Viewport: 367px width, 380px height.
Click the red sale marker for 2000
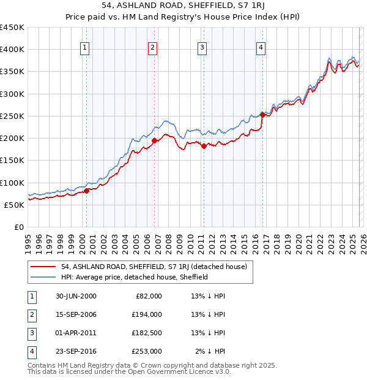pyautogui.click(x=87, y=191)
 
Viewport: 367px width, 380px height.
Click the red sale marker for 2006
pyautogui.click(x=154, y=141)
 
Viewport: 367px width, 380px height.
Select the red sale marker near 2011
pyautogui.click(x=204, y=146)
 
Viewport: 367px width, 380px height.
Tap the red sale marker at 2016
pyautogui.click(x=262, y=115)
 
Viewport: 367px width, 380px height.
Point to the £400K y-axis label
pyautogui.click(x=12, y=50)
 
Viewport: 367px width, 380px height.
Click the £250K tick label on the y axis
pyautogui.click(x=12, y=116)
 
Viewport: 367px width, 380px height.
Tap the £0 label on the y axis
pyautogui.click(x=18, y=227)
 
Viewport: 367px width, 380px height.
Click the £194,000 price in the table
pyautogui.click(x=147, y=314)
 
